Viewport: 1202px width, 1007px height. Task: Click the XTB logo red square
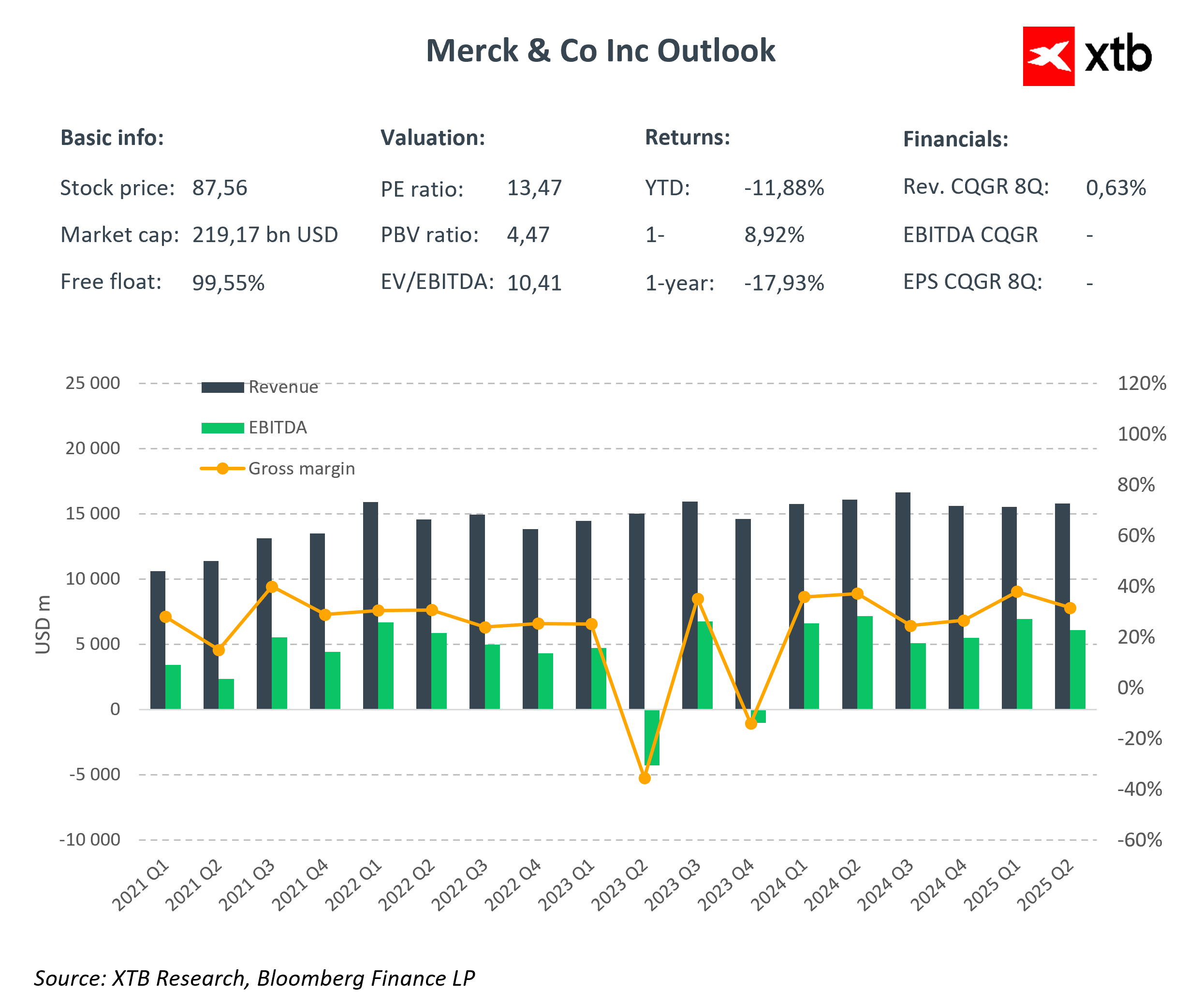point(1048,56)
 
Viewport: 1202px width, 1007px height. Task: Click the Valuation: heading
point(433,138)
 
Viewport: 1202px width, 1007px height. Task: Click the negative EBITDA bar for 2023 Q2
point(652,737)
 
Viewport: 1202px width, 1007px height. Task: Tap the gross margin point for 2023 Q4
point(751,724)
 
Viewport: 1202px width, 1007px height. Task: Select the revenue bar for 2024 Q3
point(903,601)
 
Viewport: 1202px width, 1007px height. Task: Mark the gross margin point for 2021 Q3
point(272,587)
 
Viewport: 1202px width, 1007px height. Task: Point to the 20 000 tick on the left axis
point(93,448)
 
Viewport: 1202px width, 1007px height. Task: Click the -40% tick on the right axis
point(1139,790)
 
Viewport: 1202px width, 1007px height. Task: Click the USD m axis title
point(44,624)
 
